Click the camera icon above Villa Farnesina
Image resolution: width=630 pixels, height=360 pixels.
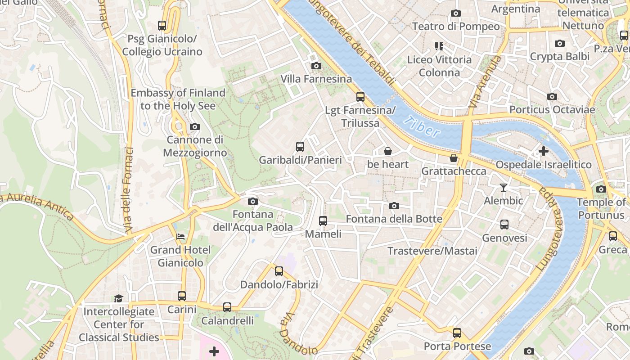pos(316,66)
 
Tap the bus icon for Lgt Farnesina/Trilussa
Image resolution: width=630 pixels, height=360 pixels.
pos(360,97)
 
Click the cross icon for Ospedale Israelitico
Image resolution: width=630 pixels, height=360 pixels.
pos(544,151)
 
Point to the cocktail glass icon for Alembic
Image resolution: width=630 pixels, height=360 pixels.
pos(504,187)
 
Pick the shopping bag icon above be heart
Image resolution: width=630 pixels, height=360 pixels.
pos(388,151)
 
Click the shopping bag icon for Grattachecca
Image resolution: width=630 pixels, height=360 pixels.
pos(454,158)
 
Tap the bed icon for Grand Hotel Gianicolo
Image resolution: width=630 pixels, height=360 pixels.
pos(180,236)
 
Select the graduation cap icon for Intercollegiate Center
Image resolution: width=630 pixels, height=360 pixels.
pos(118,298)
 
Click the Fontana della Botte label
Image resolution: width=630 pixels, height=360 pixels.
pos(394,219)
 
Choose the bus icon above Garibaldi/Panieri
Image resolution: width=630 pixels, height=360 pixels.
pos(300,147)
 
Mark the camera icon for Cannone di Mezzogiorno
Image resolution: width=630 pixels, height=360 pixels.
pos(195,127)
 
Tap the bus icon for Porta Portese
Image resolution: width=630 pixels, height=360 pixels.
pos(457,333)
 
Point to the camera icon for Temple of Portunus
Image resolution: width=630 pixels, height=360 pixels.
pos(601,189)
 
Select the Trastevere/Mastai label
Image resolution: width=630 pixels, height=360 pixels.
pos(432,251)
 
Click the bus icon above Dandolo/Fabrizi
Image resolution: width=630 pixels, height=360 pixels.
pos(279,271)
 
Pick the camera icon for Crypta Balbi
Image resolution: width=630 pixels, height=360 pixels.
pos(560,44)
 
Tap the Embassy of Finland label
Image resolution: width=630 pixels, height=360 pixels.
pos(178,99)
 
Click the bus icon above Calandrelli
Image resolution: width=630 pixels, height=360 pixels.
pos(227,307)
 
